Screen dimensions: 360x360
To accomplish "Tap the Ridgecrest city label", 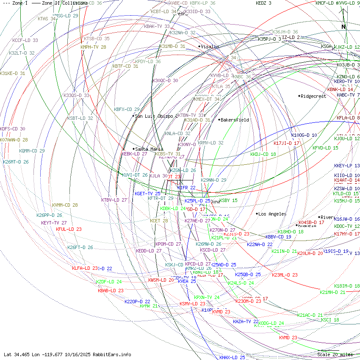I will click(x=313, y=96).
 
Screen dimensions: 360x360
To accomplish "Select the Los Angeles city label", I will click(x=272, y=214).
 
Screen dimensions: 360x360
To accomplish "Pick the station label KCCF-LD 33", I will click(x=25, y=40).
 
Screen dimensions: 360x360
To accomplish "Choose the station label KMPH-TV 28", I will click(x=94, y=47).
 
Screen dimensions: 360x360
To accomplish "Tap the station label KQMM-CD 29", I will click(x=32, y=151).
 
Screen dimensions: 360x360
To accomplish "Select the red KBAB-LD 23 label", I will click(x=111, y=291).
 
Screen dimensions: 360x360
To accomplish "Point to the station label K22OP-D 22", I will click(x=137, y=302).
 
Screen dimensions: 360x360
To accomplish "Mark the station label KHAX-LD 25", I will click(x=232, y=357).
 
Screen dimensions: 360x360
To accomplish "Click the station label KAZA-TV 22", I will click(x=246, y=322).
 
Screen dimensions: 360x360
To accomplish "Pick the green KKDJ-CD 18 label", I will click(x=263, y=154).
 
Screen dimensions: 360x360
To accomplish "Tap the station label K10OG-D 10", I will click(x=304, y=135).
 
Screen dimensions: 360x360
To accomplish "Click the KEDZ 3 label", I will click(x=264, y=3).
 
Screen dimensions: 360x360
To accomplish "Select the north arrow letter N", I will click(x=343, y=27).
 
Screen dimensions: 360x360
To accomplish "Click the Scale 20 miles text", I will click(x=335, y=354).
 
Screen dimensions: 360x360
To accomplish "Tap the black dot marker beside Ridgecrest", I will click(x=299, y=96).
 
